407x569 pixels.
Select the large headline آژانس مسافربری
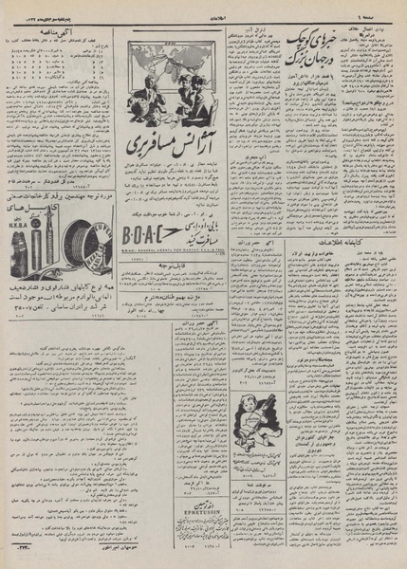tap(162, 149)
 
